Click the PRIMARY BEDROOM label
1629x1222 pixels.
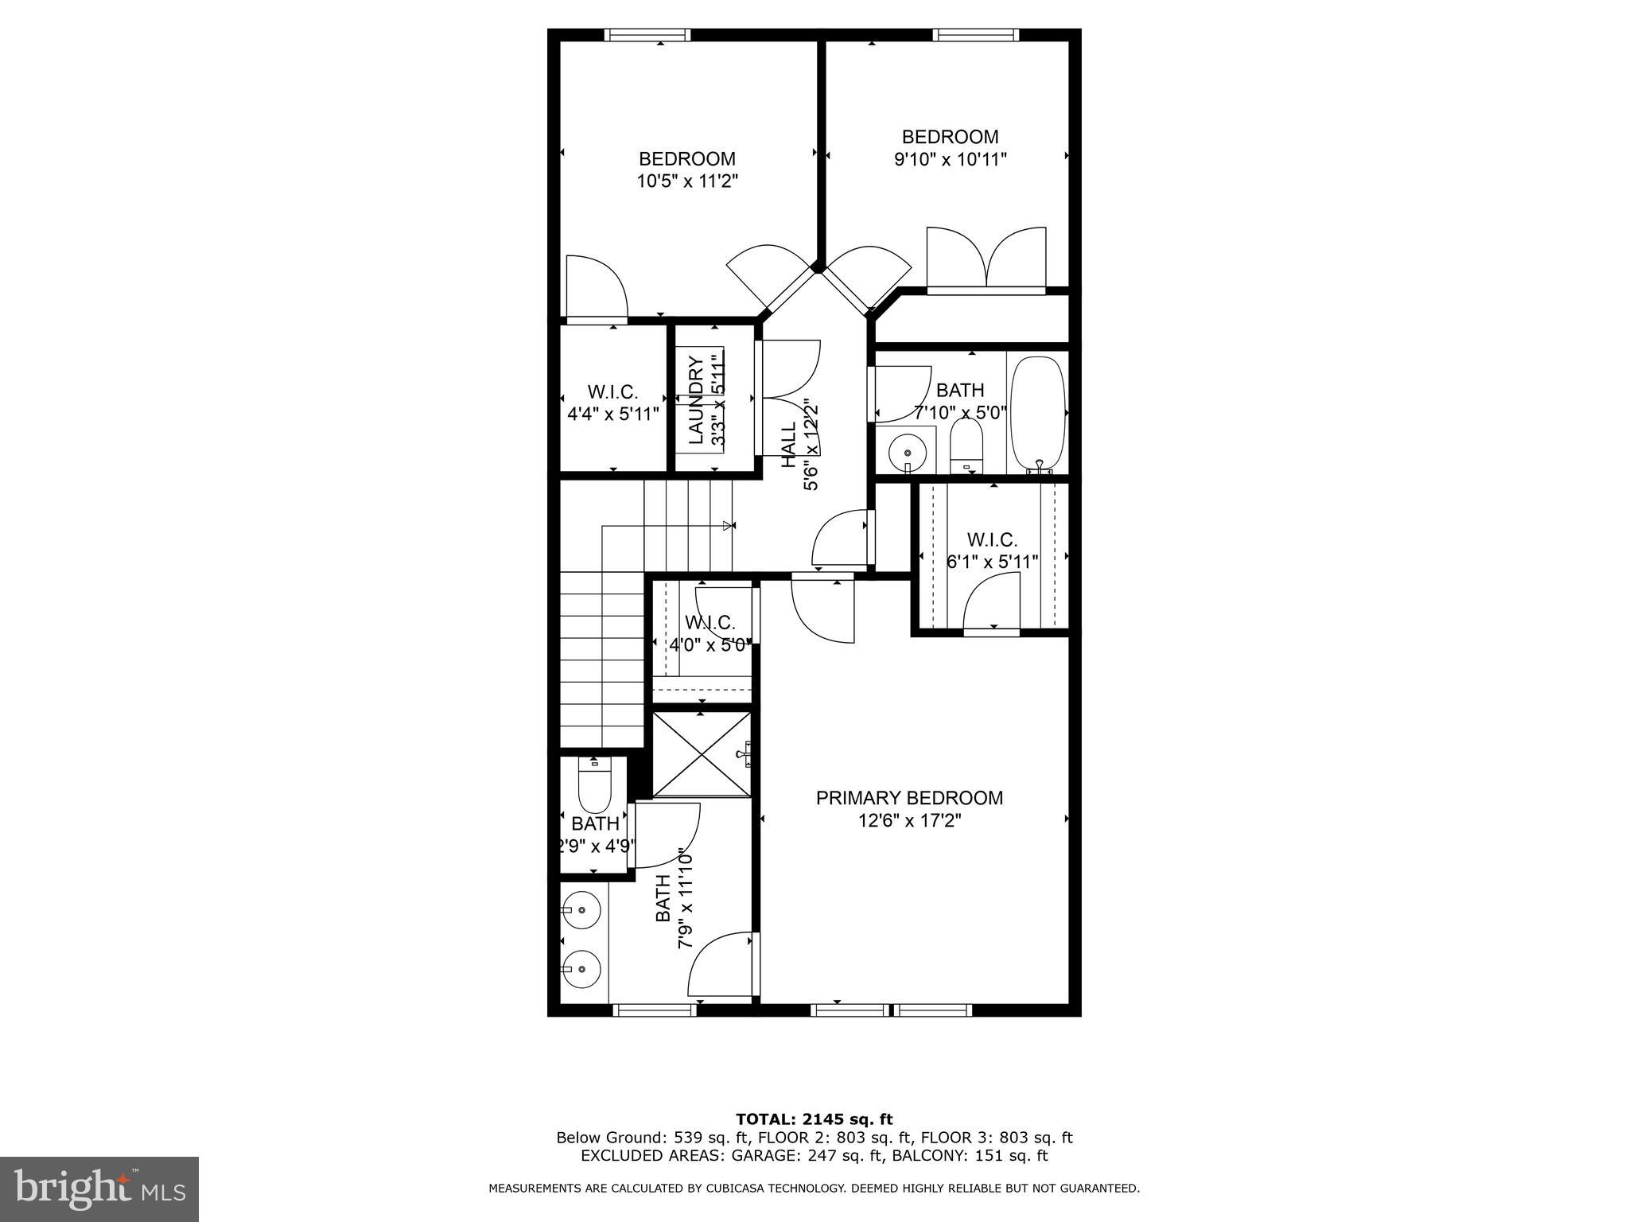pos(909,798)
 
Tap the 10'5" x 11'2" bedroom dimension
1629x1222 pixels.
pos(687,181)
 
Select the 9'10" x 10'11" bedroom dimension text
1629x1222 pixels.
pos(950,159)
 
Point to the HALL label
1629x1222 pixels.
pos(788,446)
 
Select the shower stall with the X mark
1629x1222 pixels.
pos(702,754)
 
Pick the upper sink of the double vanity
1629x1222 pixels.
pos(581,909)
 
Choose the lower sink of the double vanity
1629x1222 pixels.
pos(581,969)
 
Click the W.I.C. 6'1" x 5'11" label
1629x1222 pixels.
pos(992,551)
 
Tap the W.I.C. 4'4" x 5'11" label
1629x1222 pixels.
pos(612,403)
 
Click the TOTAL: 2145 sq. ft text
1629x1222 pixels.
pos(814,1119)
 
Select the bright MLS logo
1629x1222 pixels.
pos(99,1190)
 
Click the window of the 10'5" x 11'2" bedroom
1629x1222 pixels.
pos(647,35)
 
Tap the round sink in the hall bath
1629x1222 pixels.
pos(908,453)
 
